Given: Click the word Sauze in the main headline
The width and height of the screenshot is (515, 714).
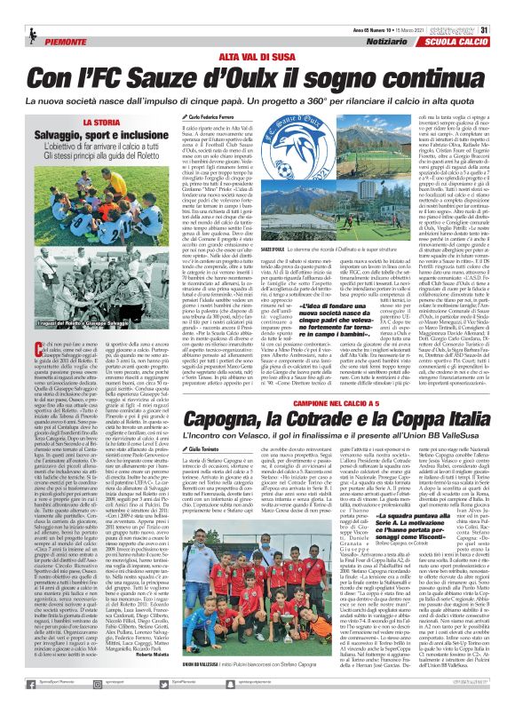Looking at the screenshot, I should point(201,77).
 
